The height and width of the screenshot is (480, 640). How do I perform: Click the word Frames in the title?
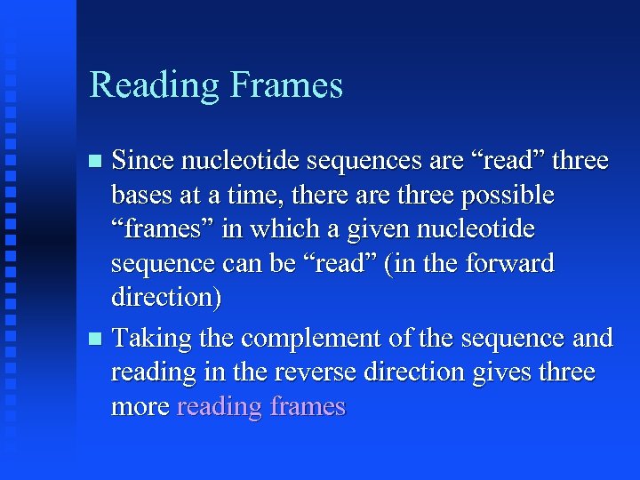point(286,85)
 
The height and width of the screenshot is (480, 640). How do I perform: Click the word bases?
point(139,195)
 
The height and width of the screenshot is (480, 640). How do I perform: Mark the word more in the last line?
point(140,407)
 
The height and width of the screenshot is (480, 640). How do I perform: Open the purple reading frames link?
point(261,407)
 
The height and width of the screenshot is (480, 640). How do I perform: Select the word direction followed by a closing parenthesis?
point(165,297)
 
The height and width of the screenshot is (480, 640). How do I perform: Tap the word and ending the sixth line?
point(592,339)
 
